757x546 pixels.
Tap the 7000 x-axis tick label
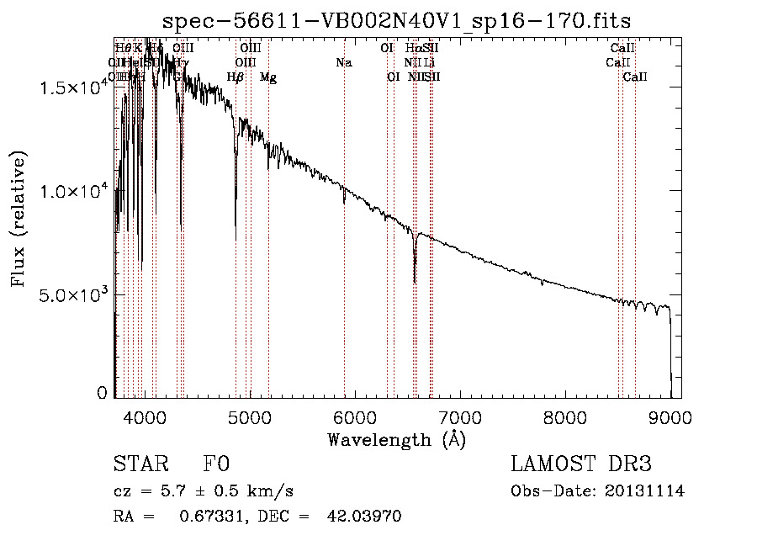(459, 416)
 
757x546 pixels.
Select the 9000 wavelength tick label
(670, 416)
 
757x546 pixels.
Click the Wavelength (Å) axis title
(397, 439)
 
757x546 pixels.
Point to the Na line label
(343, 62)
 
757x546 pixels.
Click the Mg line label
(268, 77)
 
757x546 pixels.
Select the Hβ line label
(236, 77)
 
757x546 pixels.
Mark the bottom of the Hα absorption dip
(415, 282)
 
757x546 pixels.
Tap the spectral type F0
(216, 464)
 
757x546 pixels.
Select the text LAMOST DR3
(581, 464)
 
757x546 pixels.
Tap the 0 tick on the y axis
(103, 393)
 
